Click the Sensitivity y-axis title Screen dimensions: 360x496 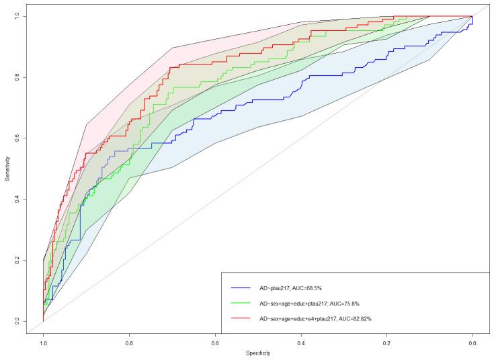pos(7,168)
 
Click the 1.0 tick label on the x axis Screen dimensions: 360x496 pos(43,343)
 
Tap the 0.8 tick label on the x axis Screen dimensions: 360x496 pos(129,343)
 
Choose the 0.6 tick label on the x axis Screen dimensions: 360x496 pos(215,343)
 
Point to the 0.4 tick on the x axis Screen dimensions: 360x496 pos(301,343)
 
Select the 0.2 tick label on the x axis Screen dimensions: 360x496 pos(386,343)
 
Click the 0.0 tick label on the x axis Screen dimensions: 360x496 pos(472,343)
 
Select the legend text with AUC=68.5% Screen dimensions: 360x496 pos(293,288)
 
